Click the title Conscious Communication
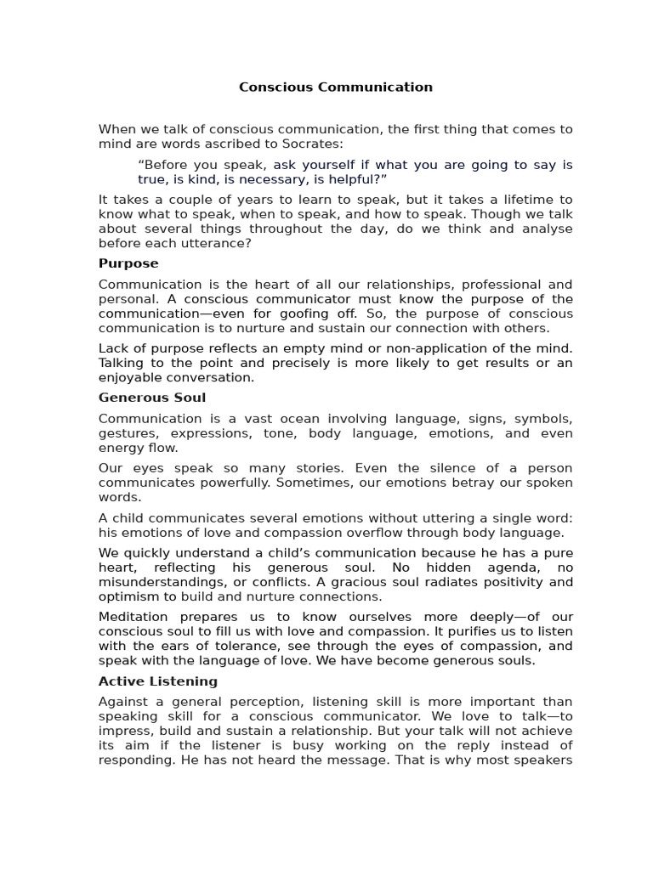pyautogui.click(x=335, y=87)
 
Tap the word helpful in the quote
pyautogui.click(x=356, y=179)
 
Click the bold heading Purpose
pyautogui.click(x=128, y=263)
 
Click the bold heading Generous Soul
pyautogui.click(x=152, y=398)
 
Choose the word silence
pyautogui.click(x=445, y=468)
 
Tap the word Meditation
pyautogui.click(x=133, y=617)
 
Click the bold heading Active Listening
pyautogui.click(x=158, y=681)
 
